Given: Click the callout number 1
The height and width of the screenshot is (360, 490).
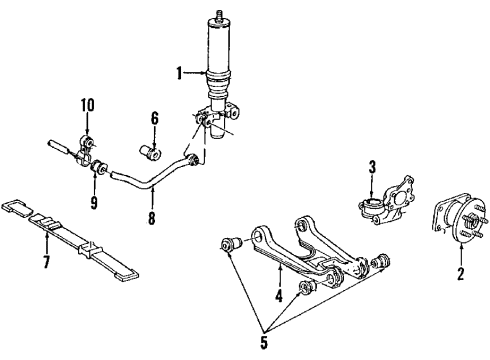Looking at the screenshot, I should point(179,72).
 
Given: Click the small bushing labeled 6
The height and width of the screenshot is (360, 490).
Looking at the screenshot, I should point(154,151).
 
